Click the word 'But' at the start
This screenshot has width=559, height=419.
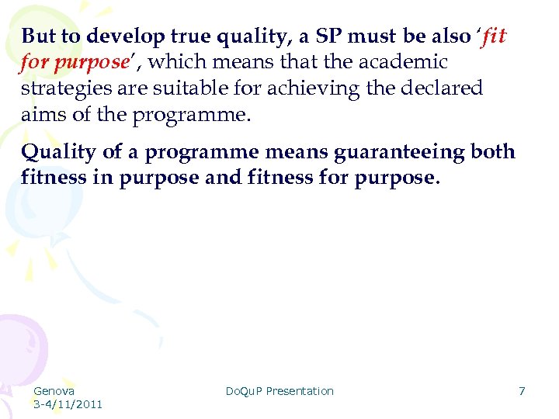coord(36,36)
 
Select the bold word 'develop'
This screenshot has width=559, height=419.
coord(116,36)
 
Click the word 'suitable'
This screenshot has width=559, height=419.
coord(199,88)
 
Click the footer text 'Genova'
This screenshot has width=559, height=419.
coord(54,391)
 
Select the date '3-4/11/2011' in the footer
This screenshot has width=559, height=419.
coord(68,404)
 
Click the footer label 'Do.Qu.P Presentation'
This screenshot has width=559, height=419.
coord(279,391)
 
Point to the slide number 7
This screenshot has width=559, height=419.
coord(522,391)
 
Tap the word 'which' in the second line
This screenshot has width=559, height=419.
coord(172,62)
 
